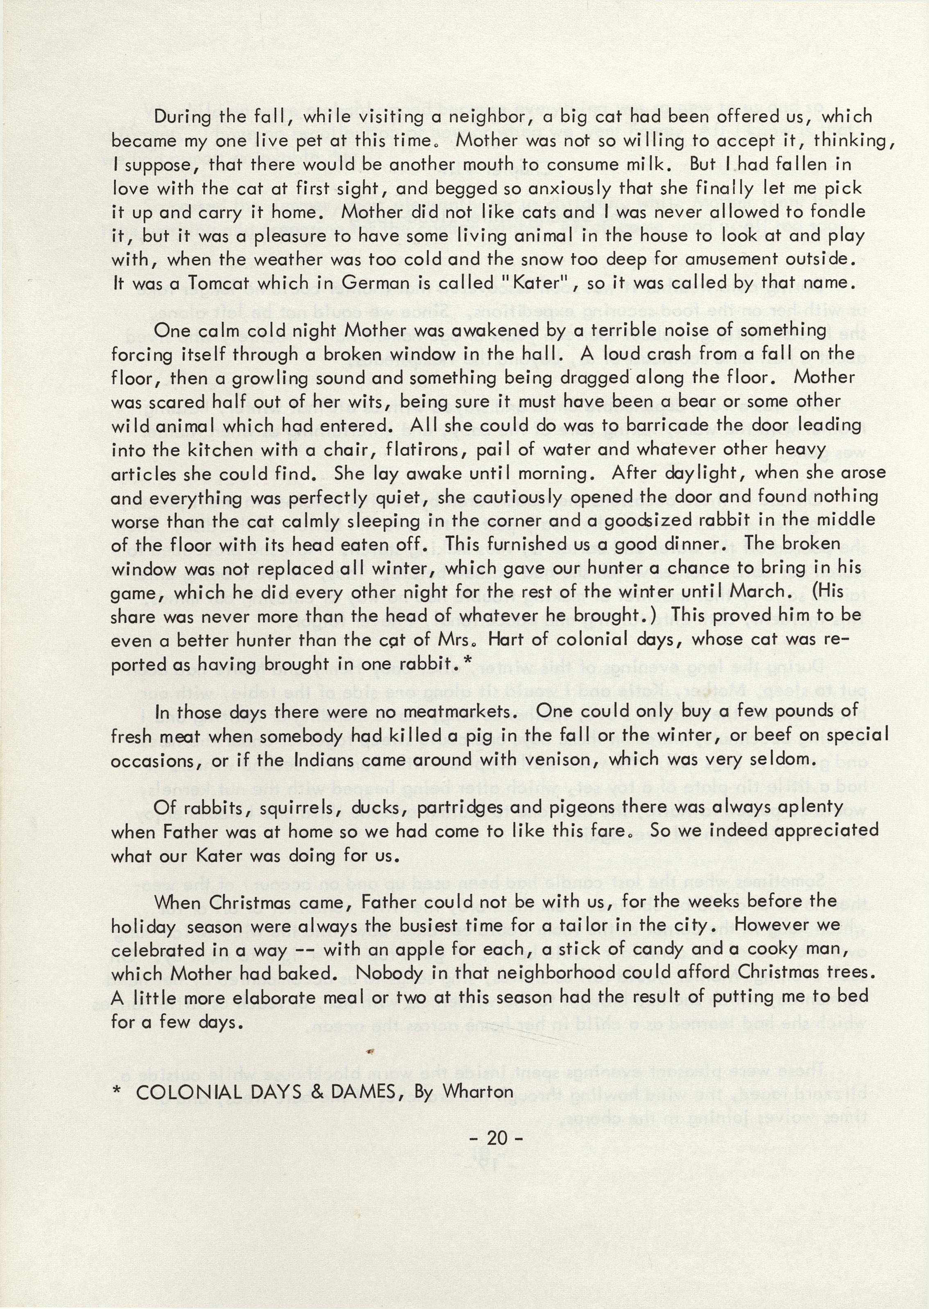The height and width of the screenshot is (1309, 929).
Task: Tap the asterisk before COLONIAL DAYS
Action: click(x=117, y=1091)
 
